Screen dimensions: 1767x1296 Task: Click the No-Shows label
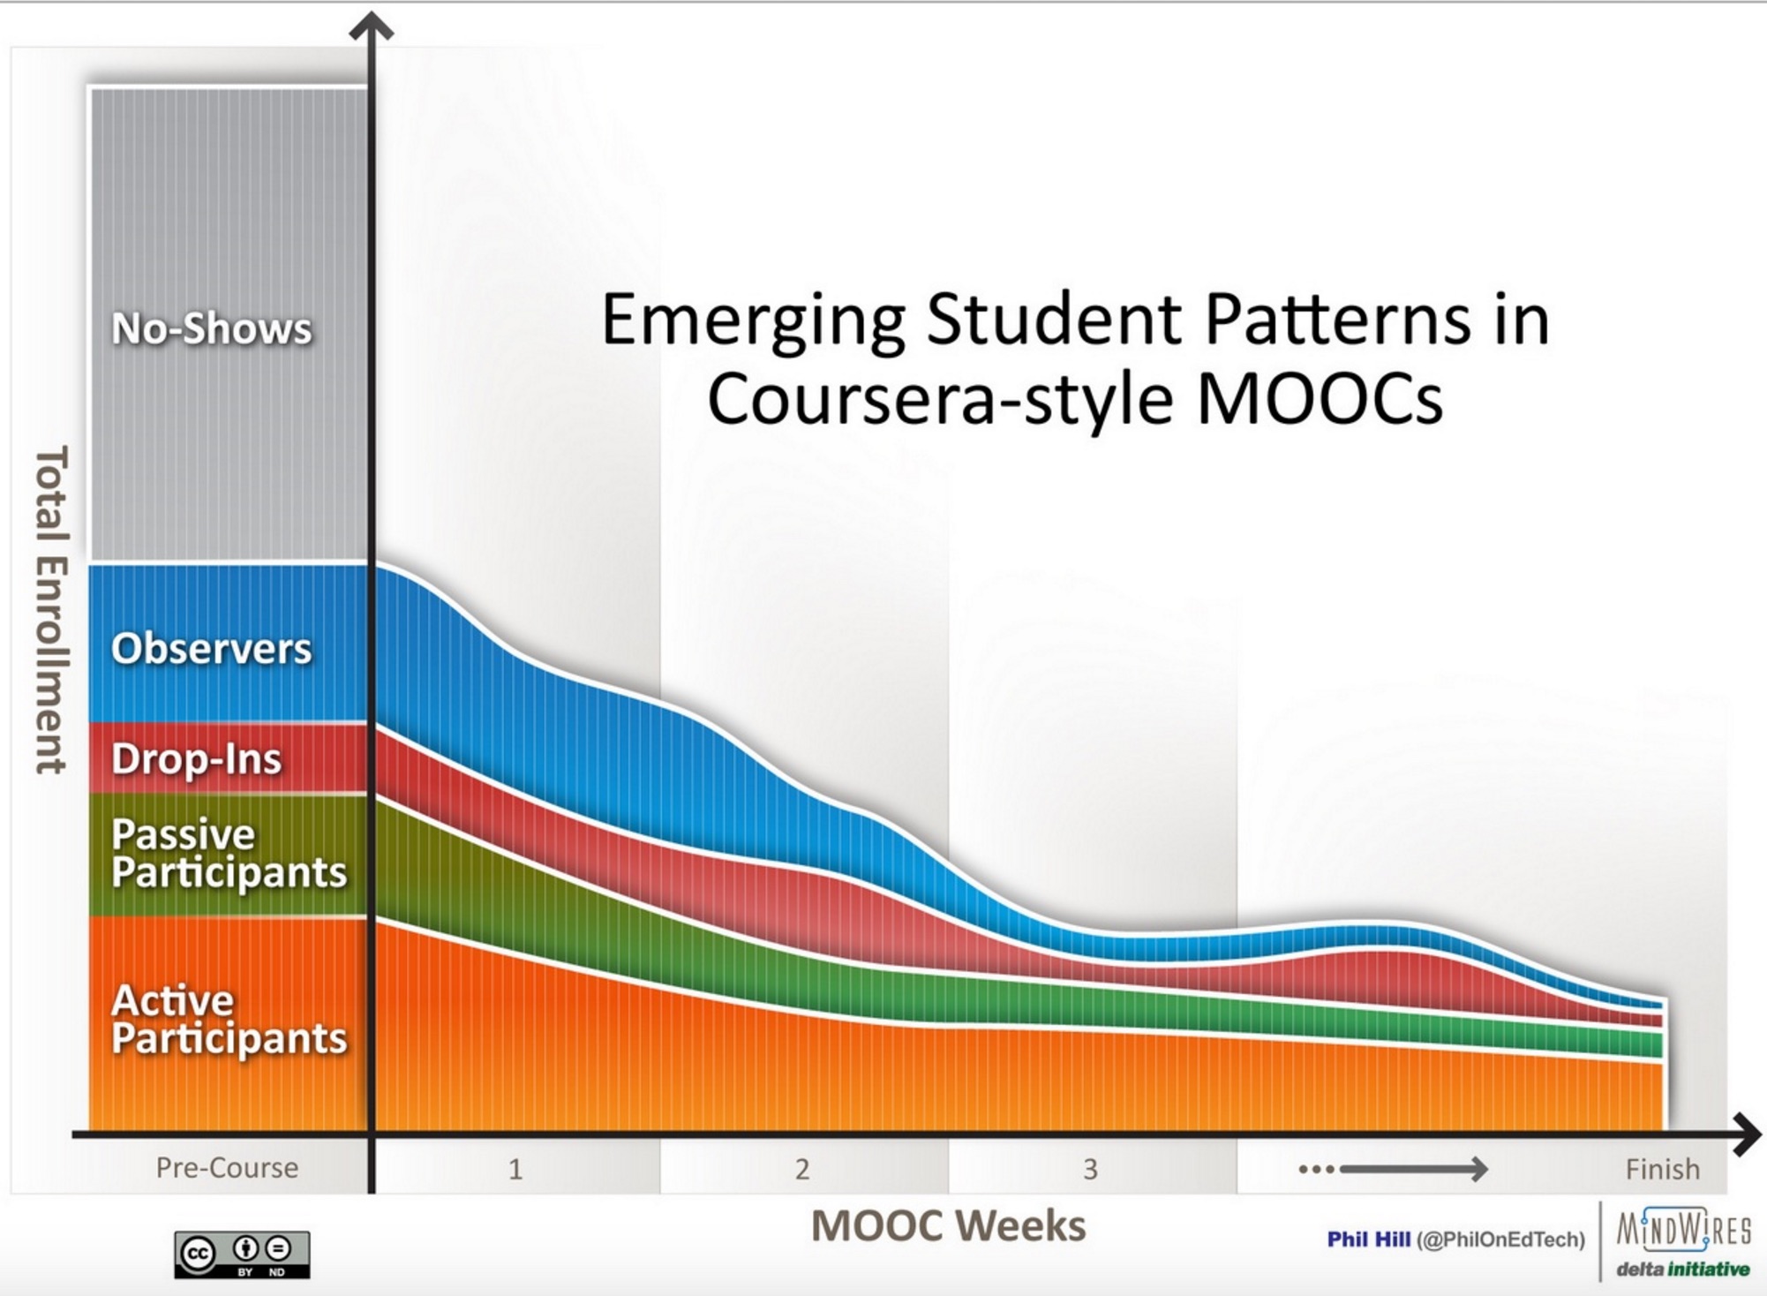point(212,328)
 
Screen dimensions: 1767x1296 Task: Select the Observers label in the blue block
point(212,649)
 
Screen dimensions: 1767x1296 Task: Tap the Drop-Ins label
point(197,758)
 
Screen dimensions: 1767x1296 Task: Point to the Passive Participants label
point(229,853)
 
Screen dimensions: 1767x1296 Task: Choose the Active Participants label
point(229,1019)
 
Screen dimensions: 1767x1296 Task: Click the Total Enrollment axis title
point(51,610)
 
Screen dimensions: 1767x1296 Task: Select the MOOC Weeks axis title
point(949,1226)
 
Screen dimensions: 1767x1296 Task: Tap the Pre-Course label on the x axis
point(227,1168)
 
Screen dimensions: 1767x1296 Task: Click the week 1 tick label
point(515,1170)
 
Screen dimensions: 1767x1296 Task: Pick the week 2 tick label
point(802,1170)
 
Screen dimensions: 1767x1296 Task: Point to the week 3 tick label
point(1091,1170)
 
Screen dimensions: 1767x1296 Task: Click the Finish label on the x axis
point(1663,1169)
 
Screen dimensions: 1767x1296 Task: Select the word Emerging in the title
point(754,322)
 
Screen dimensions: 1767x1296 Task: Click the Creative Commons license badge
point(242,1255)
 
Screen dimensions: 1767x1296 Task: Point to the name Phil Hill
point(1369,1239)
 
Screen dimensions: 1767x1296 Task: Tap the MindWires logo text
point(1684,1229)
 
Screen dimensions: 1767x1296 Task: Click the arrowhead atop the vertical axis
point(372,26)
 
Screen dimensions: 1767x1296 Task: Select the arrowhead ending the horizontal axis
point(1748,1134)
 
